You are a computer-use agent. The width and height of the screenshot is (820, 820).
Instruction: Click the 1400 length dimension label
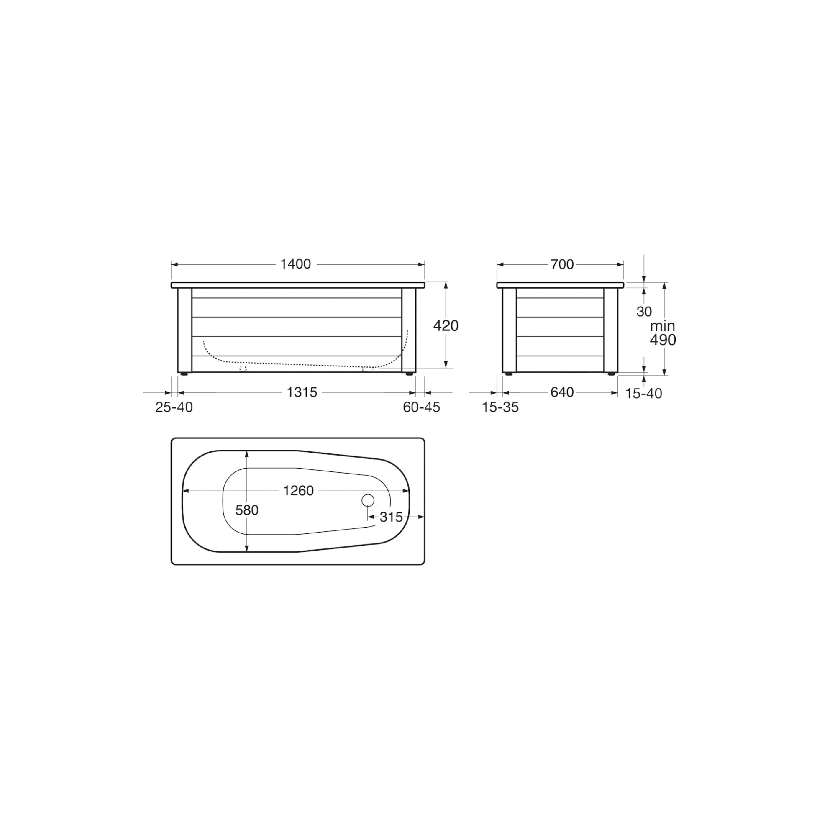coord(296,264)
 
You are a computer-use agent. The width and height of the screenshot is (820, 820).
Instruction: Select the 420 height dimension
coord(446,326)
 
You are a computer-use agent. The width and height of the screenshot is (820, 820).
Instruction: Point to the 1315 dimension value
coord(302,393)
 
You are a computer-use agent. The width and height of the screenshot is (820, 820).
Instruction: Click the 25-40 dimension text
coord(174,407)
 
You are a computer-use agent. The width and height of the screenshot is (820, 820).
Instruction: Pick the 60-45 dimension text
coord(421,407)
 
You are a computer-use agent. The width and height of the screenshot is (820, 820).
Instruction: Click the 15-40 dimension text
coord(644,394)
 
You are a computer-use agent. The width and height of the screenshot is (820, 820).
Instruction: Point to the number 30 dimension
coord(644,312)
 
